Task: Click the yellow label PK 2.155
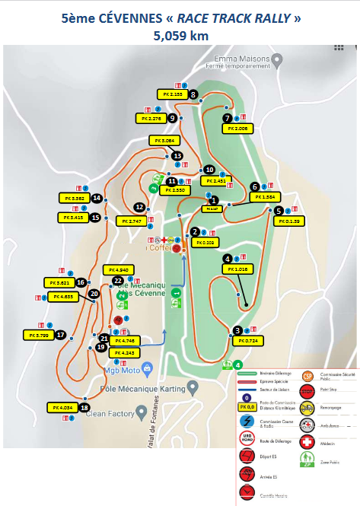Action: pyautogui.click(x=172, y=94)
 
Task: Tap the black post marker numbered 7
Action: pyautogui.click(x=228, y=118)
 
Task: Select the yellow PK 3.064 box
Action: pyautogui.click(x=164, y=141)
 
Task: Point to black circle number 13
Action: pyautogui.click(x=177, y=156)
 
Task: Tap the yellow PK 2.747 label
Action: pyautogui.click(x=131, y=221)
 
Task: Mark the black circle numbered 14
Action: pyautogui.click(x=97, y=198)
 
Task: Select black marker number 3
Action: pyautogui.click(x=238, y=330)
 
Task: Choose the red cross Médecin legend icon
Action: pyautogui.click(x=307, y=441)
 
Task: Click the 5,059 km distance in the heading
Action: pyautogui.click(x=180, y=36)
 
